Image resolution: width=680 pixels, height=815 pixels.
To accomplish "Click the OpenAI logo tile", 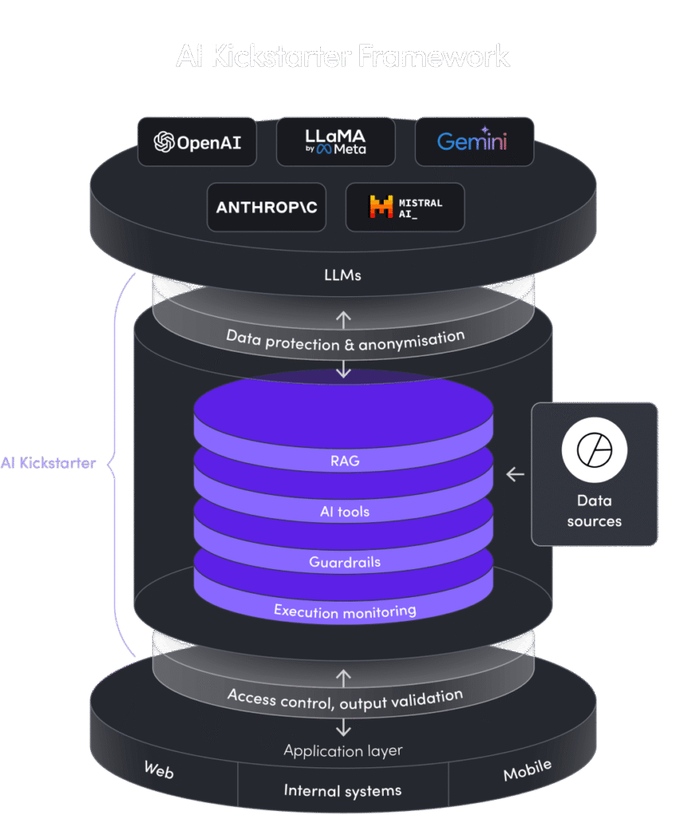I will pos(197,142).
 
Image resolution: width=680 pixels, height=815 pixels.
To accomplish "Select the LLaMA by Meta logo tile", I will pos(336,142).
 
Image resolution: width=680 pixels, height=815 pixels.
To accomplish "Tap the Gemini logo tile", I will pos(474,142).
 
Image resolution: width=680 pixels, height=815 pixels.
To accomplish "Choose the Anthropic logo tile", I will pos(267,207).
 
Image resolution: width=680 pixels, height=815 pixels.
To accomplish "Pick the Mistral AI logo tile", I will pos(404,207).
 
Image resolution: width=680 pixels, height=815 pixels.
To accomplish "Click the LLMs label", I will pos(344,275).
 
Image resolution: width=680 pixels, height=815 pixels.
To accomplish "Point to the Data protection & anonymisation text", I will pos(345,340).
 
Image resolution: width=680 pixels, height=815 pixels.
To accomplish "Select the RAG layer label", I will pos(344,460).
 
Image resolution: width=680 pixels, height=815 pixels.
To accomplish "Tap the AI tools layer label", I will pos(344,511).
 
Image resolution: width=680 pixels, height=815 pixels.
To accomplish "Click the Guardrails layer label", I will pos(344,562).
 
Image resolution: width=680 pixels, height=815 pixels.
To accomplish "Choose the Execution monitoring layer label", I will pos(344,611).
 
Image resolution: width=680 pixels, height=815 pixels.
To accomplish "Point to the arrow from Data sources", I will pos(515,474).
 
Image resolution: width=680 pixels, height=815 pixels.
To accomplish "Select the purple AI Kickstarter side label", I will pos(48,462).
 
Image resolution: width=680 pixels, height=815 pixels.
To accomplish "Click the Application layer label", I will pos(343,751).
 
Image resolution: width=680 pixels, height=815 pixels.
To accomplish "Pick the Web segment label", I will pos(158,770).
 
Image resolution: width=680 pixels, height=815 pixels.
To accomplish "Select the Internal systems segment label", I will pos(342,790).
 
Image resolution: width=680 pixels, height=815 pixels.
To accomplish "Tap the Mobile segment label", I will pos(527,770).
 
